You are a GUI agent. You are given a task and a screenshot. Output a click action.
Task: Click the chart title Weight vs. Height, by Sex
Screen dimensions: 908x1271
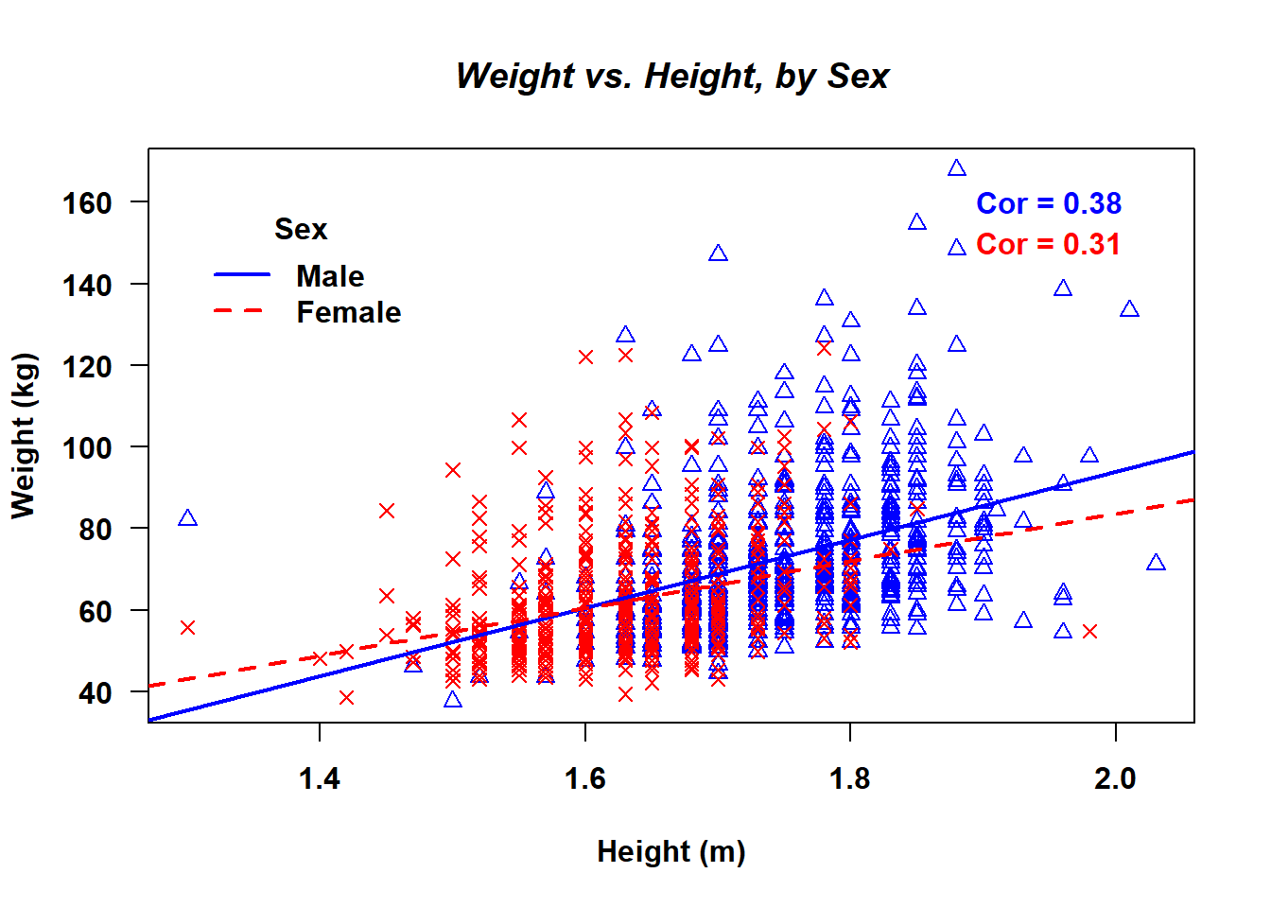coord(671,76)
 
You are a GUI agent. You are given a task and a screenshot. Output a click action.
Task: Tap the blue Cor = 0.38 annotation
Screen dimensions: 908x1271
coord(1048,203)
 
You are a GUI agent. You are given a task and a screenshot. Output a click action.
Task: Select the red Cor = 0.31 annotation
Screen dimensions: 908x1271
coord(1048,244)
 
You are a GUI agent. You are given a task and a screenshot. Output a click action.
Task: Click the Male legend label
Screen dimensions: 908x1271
coord(329,276)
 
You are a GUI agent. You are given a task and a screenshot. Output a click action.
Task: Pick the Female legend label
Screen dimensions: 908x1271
coord(348,312)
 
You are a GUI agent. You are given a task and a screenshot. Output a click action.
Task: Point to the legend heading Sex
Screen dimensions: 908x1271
coord(300,229)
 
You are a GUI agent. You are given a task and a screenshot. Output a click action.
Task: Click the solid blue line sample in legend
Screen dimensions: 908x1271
coord(242,274)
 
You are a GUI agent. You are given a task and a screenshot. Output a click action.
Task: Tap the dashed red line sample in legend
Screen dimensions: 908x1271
coord(242,310)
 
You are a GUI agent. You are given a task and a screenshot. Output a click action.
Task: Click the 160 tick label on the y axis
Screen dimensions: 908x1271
coord(87,202)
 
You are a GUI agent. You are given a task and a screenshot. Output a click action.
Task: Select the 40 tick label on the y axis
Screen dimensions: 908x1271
coord(95,692)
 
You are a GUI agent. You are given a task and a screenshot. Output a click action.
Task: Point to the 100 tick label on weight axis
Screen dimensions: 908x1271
coord(87,447)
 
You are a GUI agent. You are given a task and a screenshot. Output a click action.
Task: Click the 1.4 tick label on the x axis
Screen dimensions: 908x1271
coord(320,778)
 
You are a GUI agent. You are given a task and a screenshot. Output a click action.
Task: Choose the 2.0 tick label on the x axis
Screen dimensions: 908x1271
coord(1115,778)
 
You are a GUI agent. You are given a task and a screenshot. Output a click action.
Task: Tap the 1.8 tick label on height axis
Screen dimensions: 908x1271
coord(849,778)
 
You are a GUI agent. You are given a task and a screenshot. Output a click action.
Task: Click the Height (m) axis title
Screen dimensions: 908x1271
coord(670,851)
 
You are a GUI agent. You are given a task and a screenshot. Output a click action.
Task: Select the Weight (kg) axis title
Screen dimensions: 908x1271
coord(24,435)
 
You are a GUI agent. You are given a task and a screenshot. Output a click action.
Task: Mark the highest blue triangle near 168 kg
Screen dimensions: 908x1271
coord(957,168)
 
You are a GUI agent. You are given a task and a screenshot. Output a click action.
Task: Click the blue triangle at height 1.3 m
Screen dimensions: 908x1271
coord(187,518)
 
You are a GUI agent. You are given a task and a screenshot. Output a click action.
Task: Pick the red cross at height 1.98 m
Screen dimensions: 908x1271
coord(1089,631)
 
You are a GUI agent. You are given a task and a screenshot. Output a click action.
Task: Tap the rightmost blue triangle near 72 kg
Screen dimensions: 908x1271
coord(1155,563)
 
